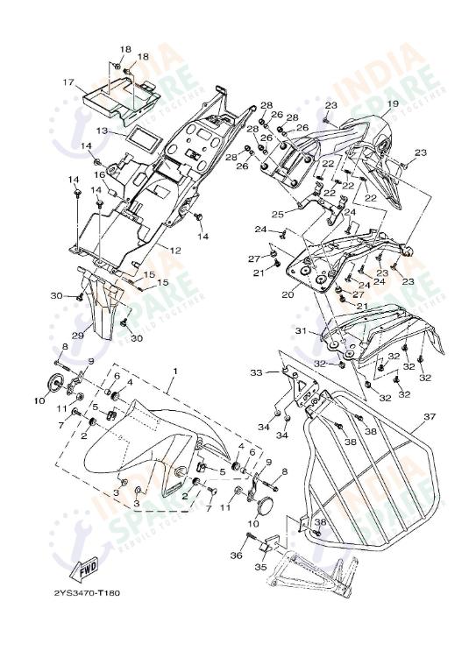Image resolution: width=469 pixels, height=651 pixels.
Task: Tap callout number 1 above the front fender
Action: click(174, 371)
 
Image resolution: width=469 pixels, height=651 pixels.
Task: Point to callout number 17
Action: click(68, 82)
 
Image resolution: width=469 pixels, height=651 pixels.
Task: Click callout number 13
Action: click(103, 131)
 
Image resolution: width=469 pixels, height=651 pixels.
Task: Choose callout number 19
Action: click(393, 104)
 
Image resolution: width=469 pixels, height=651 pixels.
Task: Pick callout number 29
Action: click(77, 335)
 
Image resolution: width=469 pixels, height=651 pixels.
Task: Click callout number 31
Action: click(300, 331)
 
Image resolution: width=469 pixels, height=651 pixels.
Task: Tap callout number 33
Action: click(256, 373)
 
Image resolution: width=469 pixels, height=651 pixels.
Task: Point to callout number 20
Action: click(287, 294)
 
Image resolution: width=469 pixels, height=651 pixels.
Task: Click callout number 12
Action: click(175, 251)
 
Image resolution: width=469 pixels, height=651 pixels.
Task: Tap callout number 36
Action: click(235, 555)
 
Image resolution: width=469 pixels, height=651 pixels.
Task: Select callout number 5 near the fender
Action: click(222, 471)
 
